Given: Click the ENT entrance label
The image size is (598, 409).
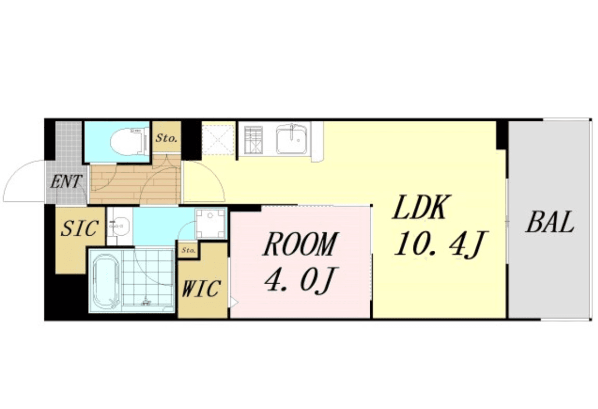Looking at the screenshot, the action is (x=67, y=182).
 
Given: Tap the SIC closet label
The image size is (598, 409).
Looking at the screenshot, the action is (x=80, y=228).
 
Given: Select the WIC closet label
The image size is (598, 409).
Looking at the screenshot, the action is (x=201, y=288).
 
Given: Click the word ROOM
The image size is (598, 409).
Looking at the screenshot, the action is (x=300, y=244).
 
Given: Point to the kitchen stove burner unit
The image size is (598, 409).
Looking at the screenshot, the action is (x=253, y=139).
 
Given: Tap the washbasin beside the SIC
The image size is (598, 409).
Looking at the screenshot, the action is (x=120, y=225).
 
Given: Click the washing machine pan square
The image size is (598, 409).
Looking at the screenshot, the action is (x=211, y=223).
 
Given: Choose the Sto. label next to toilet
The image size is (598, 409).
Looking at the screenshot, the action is (x=166, y=138).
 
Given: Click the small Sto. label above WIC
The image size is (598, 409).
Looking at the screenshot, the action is (x=189, y=250).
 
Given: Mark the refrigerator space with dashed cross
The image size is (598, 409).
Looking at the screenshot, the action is (x=218, y=138).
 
